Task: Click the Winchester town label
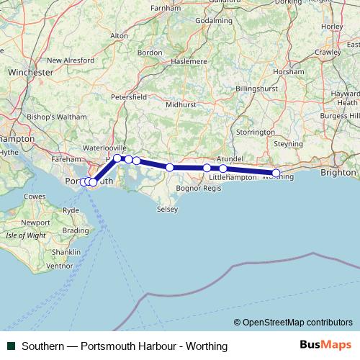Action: click(x=31, y=73)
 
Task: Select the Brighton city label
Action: click(x=338, y=173)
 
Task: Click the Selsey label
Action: click(x=166, y=209)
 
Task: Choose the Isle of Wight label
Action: click(x=25, y=235)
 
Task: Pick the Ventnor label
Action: click(x=60, y=266)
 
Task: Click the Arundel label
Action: click(x=230, y=158)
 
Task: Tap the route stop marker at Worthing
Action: click(x=276, y=173)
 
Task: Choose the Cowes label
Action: click(x=35, y=197)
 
